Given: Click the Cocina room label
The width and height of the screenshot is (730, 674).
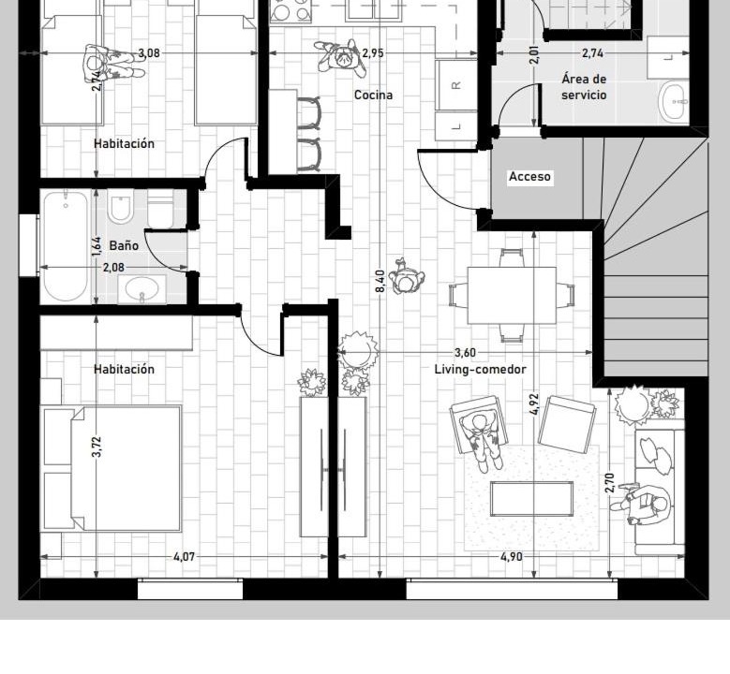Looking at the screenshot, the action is [373, 95].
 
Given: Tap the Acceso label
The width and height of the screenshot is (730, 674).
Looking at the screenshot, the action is [529, 177].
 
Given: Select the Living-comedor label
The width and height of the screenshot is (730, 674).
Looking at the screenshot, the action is [480, 370].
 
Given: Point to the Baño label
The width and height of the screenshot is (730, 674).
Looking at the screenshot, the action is [124, 245].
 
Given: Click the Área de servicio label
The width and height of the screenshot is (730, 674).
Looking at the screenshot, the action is [584, 87].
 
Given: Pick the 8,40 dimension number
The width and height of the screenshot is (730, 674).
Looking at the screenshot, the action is [380, 281].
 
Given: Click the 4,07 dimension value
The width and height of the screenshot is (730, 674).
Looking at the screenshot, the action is [184, 556].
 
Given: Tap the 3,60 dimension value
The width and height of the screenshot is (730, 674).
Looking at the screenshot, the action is [465, 353].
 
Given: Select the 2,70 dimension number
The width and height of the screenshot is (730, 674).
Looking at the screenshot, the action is [610, 483].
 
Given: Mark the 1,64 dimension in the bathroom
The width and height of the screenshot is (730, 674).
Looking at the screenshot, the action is [97, 246].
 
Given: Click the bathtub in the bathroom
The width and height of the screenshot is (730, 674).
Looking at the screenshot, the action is [66, 246].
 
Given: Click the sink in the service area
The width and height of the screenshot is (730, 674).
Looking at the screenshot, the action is [674, 101].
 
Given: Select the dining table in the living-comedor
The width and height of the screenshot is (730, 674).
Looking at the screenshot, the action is [512, 296].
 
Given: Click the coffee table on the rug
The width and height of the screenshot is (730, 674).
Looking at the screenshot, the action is [531, 499].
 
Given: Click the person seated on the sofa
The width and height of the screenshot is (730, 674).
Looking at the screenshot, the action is [643, 505].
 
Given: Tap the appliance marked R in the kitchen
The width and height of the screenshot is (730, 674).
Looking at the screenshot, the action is [456, 84].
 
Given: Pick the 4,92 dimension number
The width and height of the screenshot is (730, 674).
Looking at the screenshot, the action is [534, 403].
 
